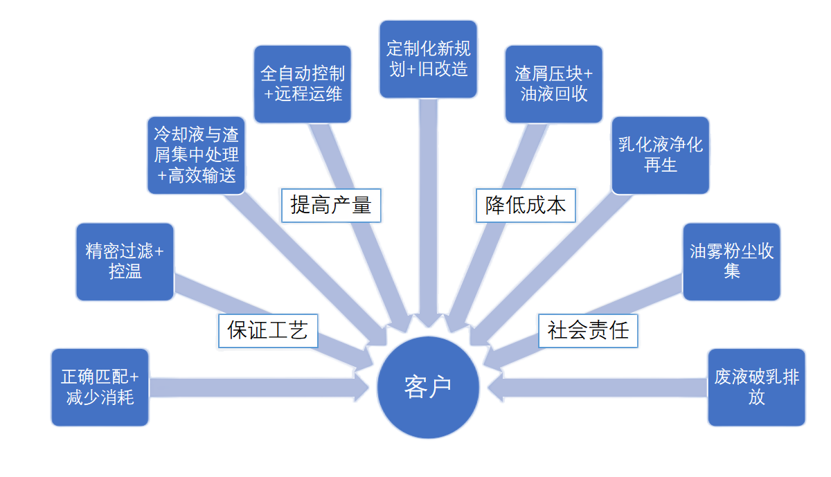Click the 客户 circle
(x=427, y=387)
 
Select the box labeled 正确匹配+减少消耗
(x=100, y=387)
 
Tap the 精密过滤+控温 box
(x=125, y=262)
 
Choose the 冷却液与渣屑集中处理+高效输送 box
(x=196, y=155)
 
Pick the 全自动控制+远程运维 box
(x=302, y=84)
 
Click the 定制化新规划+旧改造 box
(x=428, y=59)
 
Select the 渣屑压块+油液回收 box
(x=553, y=84)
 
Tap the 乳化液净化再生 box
(x=660, y=155)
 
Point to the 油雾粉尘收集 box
(x=731, y=262)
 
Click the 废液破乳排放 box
(x=756, y=387)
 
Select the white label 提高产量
(x=331, y=205)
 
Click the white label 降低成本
(x=525, y=205)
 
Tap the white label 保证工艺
(x=267, y=330)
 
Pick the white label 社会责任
(x=588, y=330)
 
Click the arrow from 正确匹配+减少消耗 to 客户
(x=256, y=387)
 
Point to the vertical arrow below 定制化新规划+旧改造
(x=428, y=208)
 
